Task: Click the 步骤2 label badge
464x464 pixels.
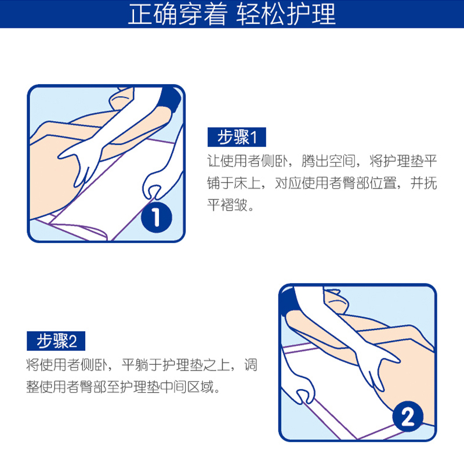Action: click(x=56, y=341)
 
